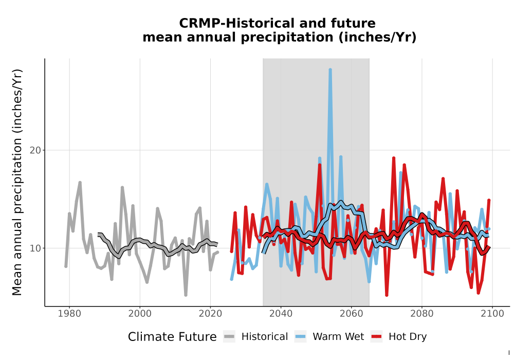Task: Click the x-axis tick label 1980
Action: (x=69, y=313)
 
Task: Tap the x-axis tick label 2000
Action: (x=140, y=313)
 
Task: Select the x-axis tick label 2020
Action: (x=210, y=313)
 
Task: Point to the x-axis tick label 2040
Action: (x=281, y=313)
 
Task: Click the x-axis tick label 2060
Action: (x=352, y=313)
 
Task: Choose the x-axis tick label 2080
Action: (x=422, y=313)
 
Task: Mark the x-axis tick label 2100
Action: (x=492, y=313)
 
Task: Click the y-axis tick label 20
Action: (x=35, y=150)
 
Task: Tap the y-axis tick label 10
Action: (x=35, y=248)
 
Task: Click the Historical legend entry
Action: (x=255, y=337)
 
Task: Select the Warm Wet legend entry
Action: (x=329, y=337)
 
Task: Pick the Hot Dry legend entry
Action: (x=399, y=337)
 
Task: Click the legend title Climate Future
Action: (x=172, y=337)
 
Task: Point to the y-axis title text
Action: (x=17, y=182)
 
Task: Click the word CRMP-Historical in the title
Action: (x=229, y=23)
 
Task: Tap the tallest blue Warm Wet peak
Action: (x=330, y=70)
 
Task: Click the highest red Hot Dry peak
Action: (x=394, y=158)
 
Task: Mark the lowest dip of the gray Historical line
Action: (x=186, y=295)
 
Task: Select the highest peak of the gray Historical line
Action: (x=80, y=183)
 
